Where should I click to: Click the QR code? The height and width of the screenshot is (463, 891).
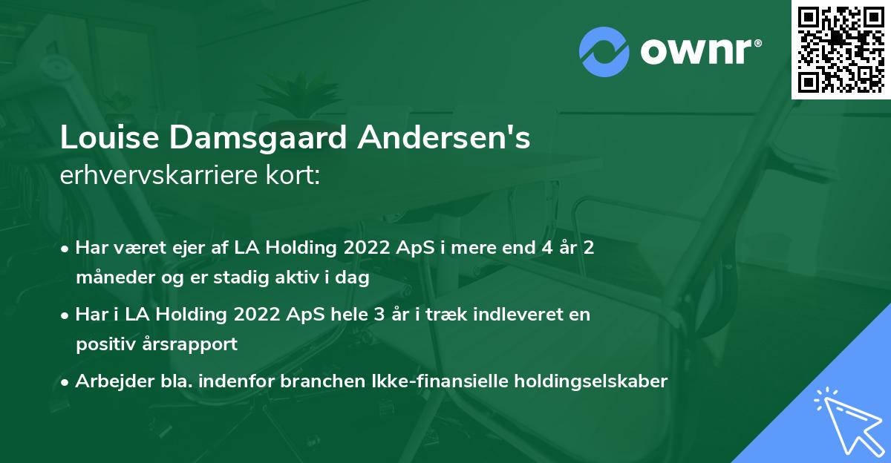coord(841,50)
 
